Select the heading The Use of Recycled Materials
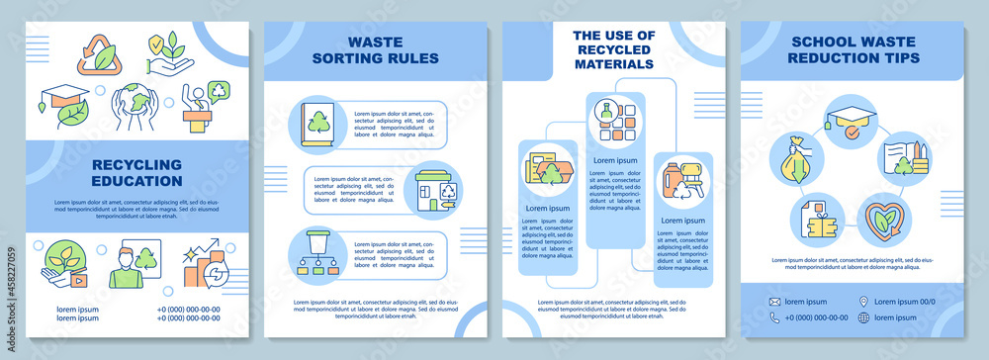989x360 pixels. pyautogui.click(x=613, y=49)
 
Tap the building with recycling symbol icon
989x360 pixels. pyautogui.click(x=431, y=189)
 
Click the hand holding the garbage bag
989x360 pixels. pyautogui.click(x=797, y=157)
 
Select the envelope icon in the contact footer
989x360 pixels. pyautogui.click(x=776, y=301)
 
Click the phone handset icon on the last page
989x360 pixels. pyautogui.click(x=776, y=317)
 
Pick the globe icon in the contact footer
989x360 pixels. pyautogui.click(x=863, y=317)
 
